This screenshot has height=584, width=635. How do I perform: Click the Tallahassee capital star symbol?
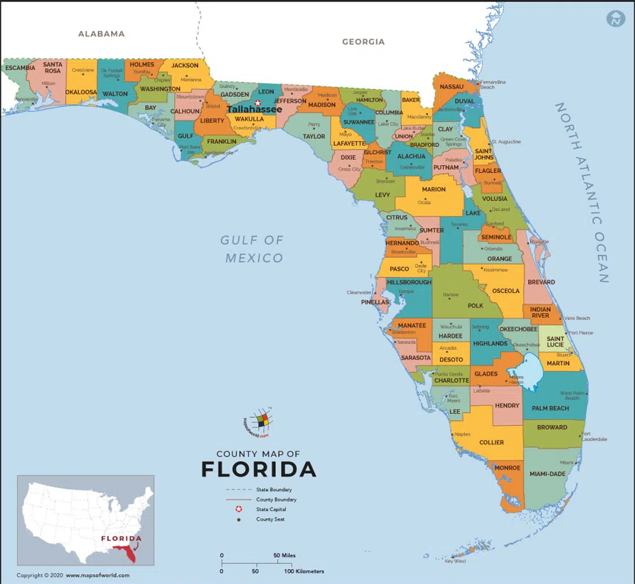point(258,103)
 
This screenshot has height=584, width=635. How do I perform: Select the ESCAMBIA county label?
point(20,68)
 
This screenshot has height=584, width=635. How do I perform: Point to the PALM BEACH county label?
point(550,408)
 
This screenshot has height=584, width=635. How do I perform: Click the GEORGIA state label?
point(363,42)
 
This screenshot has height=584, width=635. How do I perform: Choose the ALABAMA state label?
point(101,34)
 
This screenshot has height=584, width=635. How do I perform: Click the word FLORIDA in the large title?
point(259,469)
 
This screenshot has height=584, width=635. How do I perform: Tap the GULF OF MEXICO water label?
point(252,249)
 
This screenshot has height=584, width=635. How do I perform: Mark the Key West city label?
point(455,561)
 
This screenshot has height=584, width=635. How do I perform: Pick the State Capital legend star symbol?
point(238,509)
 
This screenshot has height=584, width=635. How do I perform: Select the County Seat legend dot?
point(238,519)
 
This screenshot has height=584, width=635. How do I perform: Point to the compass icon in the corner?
point(616,18)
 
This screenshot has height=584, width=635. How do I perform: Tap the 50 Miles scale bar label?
point(285,555)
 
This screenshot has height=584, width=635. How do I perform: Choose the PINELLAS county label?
point(375,302)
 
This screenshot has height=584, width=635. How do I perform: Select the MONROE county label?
point(507,468)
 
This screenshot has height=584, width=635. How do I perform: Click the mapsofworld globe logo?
point(259,421)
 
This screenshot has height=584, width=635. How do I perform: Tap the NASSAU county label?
point(452,86)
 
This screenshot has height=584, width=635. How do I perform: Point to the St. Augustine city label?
point(506,142)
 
